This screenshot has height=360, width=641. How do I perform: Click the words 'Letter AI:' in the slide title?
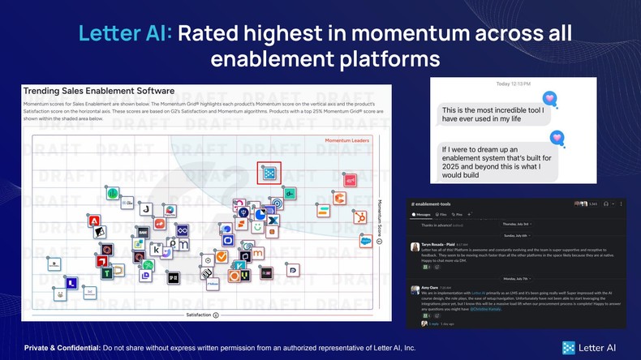(125, 33)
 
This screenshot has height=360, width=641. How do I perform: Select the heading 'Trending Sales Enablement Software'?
(99, 92)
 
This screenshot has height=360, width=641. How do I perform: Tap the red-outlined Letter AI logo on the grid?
(269, 173)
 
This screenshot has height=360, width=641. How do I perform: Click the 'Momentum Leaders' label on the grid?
(346, 141)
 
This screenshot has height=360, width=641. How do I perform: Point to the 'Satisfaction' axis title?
(199, 314)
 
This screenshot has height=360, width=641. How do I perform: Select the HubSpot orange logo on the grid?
(359, 217)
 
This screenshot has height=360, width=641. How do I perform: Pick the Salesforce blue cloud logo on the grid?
(366, 241)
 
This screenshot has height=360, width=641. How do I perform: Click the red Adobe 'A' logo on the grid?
(95, 221)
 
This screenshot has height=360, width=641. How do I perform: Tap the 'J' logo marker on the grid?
(145, 209)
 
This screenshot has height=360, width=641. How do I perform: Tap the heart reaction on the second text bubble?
(557, 137)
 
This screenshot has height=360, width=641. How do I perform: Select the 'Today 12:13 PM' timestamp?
(514, 84)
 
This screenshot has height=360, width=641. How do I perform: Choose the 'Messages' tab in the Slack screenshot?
(424, 215)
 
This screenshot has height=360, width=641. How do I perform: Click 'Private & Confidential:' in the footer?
(62, 348)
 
